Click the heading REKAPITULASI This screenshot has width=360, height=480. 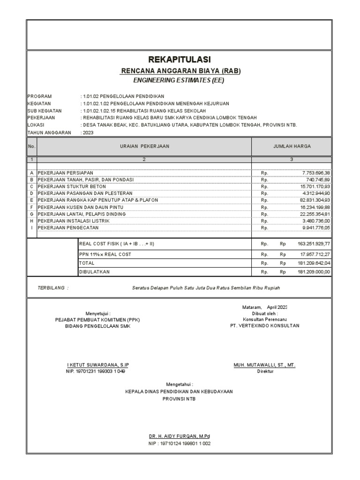pyautogui.click(x=180, y=60)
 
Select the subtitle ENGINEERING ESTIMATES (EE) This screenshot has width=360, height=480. pyautogui.click(x=180, y=80)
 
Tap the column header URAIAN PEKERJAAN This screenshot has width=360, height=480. pyautogui.click(x=144, y=146)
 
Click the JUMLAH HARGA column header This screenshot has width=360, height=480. pyautogui.click(x=292, y=146)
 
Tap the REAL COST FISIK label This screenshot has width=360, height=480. pyautogui.click(x=112, y=244)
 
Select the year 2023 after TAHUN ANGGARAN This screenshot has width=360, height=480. pyautogui.click(x=88, y=133)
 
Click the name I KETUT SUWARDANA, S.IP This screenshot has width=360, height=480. pyautogui.click(x=97, y=365)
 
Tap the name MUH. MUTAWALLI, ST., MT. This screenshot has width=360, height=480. pyautogui.click(x=264, y=365)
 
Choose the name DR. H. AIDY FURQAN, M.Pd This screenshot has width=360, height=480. pyautogui.click(x=180, y=436)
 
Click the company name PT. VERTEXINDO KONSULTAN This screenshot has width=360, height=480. pyautogui.click(x=264, y=325)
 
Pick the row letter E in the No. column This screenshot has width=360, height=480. pyautogui.click(x=32, y=200)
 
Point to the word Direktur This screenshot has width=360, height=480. pyautogui.click(x=265, y=371)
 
